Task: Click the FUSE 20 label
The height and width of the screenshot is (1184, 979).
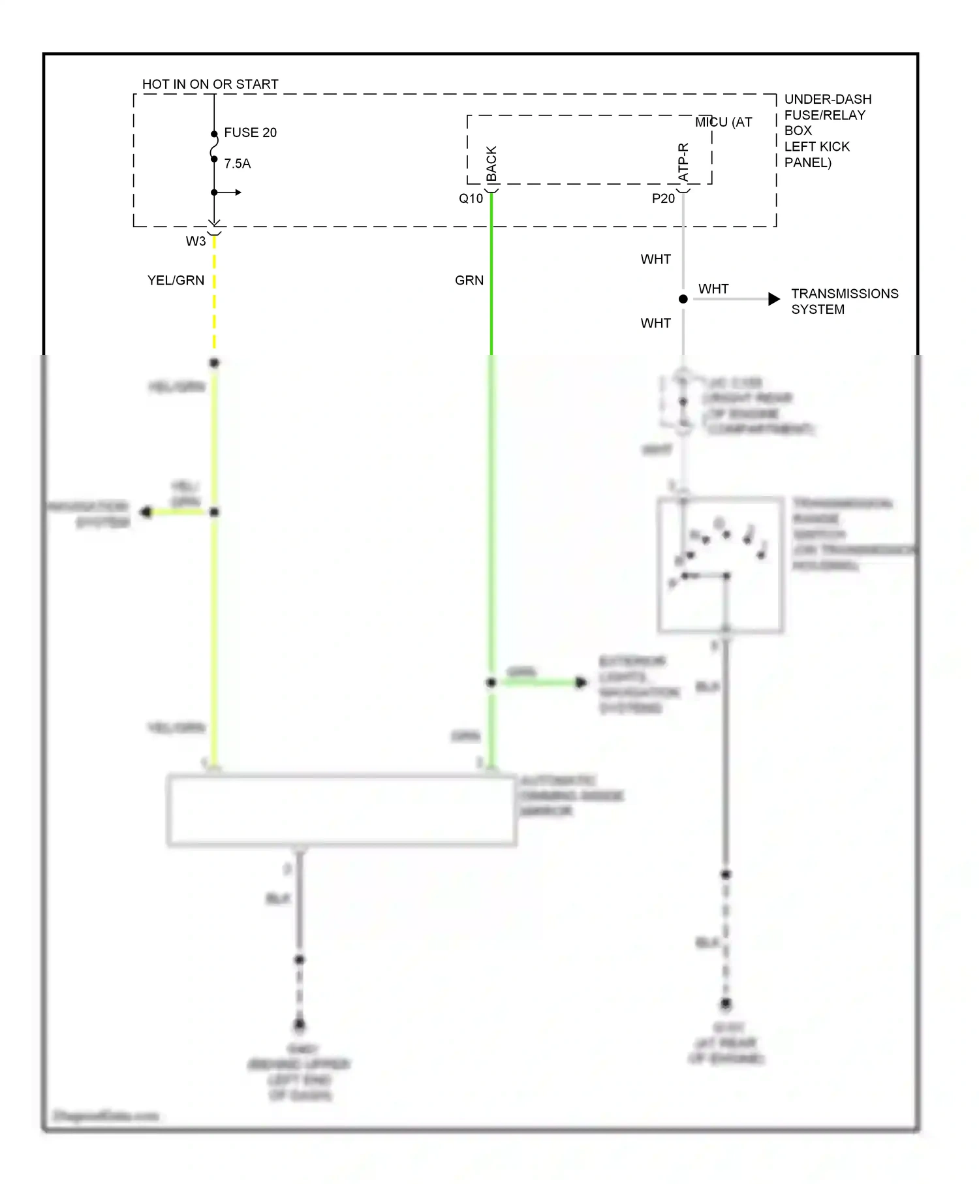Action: (x=250, y=132)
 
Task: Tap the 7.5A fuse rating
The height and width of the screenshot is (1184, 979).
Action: (x=237, y=164)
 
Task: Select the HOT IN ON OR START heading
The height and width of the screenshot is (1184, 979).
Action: (x=210, y=84)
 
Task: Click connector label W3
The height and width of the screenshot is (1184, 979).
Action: (x=196, y=241)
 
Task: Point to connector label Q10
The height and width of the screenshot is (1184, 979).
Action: (x=471, y=198)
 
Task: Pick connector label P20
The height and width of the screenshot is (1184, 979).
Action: (x=663, y=198)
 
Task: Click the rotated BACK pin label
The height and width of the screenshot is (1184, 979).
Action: (x=491, y=163)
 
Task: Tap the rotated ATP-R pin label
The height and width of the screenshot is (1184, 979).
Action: (x=683, y=162)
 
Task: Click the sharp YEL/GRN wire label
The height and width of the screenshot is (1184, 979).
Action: (x=176, y=280)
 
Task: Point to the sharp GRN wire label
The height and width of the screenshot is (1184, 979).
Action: (x=469, y=280)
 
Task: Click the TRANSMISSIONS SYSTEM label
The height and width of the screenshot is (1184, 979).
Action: (x=845, y=302)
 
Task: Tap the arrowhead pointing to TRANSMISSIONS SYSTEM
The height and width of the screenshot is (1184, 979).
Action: (x=774, y=299)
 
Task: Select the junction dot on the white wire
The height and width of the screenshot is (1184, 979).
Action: (x=683, y=299)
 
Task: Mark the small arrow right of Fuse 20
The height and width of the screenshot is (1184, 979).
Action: (x=238, y=193)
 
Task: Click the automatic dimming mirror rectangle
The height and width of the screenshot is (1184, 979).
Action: (x=342, y=811)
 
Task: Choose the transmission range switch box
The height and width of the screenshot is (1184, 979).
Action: (x=721, y=565)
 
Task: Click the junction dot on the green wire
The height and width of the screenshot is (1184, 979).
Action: (x=491, y=683)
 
